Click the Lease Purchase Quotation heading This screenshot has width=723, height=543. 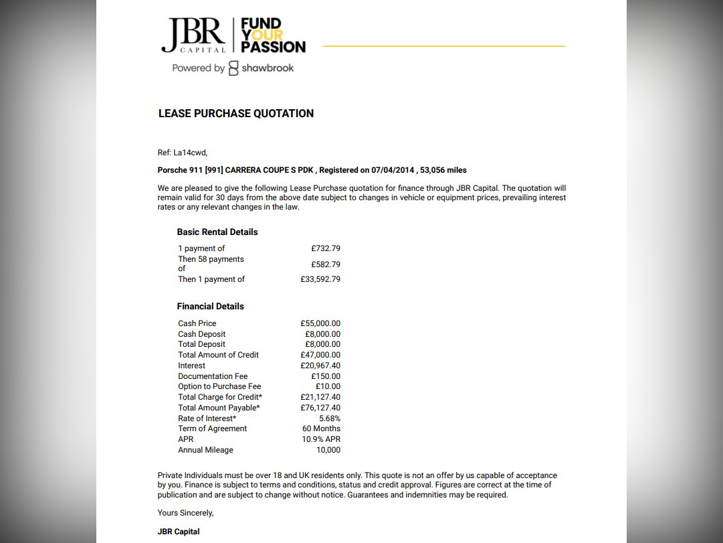tap(235, 114)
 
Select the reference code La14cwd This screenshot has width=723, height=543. tap(190, 153)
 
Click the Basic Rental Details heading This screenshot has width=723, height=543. tap(217, 232)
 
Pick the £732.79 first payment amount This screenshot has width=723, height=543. tap(325, 248)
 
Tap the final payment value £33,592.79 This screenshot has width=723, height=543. tap(320, 279)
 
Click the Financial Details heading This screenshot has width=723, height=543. tap(210, 307)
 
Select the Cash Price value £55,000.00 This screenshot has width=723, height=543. tap(320, 323)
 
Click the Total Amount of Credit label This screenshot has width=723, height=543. tap(218, 355)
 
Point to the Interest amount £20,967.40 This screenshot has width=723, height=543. tap(320, 366)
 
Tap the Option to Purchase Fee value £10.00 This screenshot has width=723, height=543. tap(328, 386)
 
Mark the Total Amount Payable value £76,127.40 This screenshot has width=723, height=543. tap(320, 408)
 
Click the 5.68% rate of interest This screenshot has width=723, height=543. tap(329, 418)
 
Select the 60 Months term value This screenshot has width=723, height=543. tap(321, 429)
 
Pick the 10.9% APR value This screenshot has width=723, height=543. tap(321, 439)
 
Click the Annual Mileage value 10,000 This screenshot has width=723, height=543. tap(328, 450)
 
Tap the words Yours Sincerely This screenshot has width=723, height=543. tap(185, 513)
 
